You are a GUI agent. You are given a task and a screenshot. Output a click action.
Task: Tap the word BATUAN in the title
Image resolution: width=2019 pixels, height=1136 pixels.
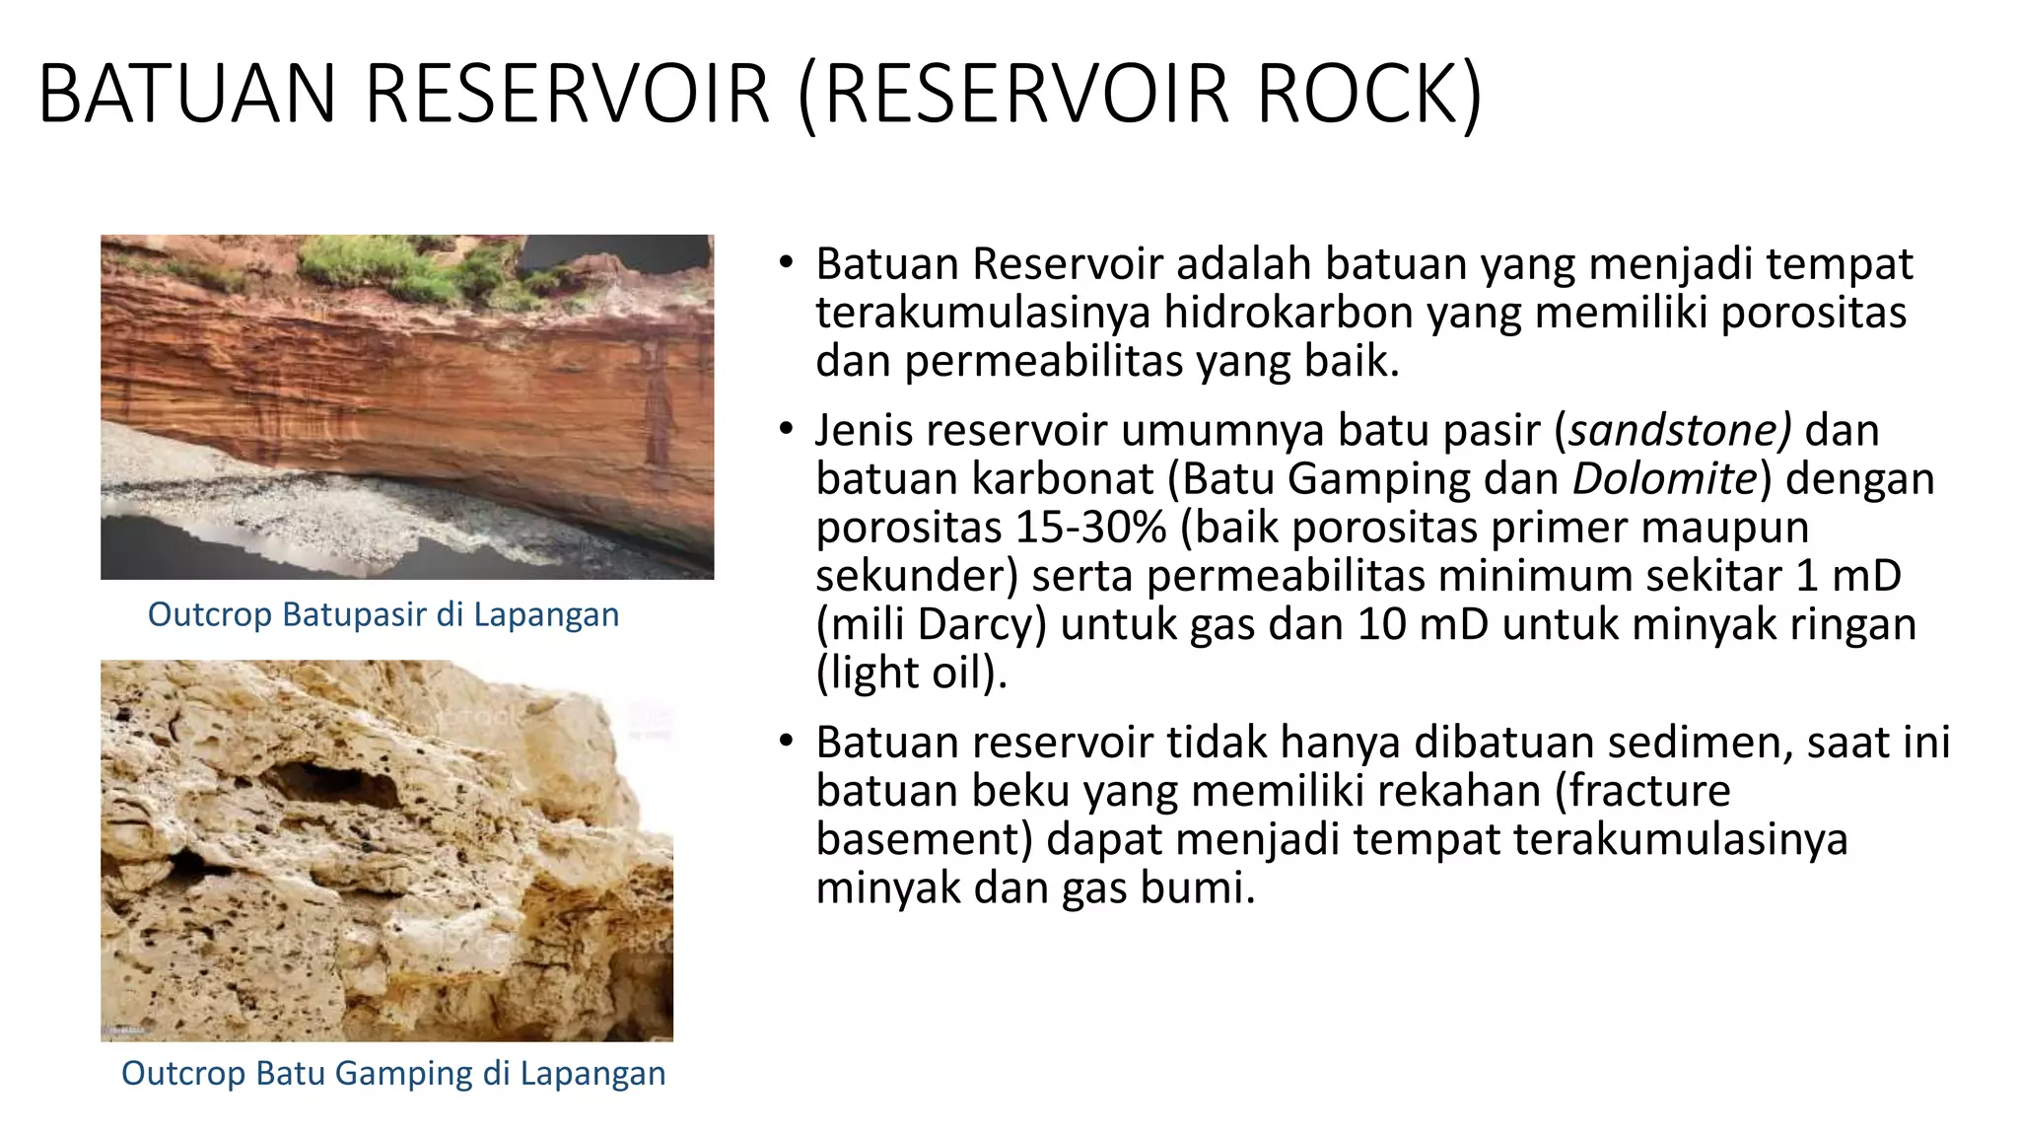[187, 94]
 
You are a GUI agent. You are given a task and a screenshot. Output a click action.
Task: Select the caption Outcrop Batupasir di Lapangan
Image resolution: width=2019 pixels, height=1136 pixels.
[383, 614]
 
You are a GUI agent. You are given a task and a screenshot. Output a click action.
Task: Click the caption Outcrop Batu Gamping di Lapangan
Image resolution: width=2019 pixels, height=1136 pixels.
[393, 1073]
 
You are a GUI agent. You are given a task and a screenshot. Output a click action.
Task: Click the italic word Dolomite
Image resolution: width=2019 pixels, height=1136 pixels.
[1665, 479]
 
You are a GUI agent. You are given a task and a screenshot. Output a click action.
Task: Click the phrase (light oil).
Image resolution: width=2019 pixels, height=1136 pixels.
[912, 673]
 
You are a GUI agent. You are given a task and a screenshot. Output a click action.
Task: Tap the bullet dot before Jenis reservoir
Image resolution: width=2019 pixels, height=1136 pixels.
[785, 429]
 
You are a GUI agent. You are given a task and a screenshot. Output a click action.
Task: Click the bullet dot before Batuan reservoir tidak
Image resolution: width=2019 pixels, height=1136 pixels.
[785, 741]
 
